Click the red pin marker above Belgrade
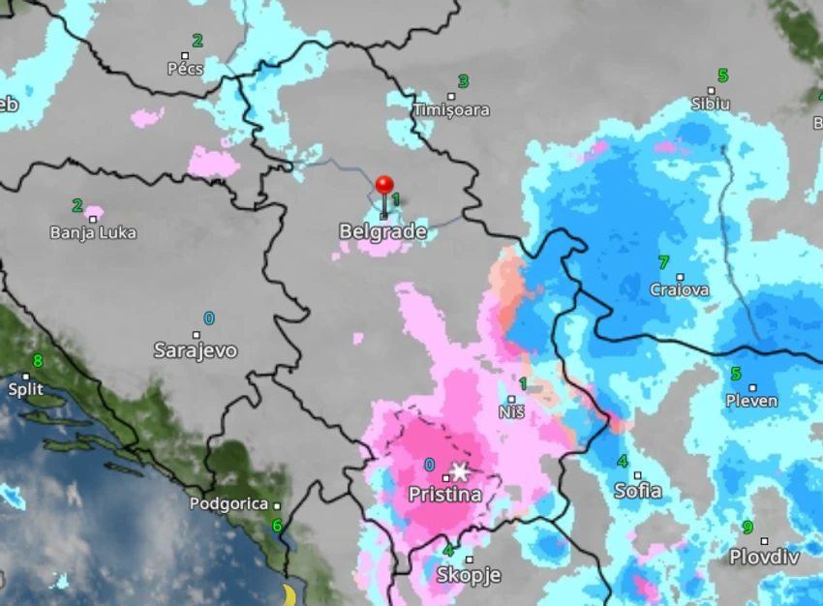pos(384,186)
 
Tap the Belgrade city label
pos(382,232)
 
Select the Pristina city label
pos(444,495)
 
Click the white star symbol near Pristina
pos(460,472)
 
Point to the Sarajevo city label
pos(195,350)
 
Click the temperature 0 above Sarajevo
pos(209,318)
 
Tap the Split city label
pos(25,389)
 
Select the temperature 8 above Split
pos(38,361)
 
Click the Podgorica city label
pos(228,503)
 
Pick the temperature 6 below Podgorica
pos(277,526)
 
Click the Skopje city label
pos(469,575)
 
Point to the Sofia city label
pos(638,491)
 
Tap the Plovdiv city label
pos(764,557)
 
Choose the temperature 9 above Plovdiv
pos(747,528)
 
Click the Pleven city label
pos(751,401)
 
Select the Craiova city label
pos(680,289)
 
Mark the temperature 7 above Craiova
pos(663,262)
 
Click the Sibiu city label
pos(711,104)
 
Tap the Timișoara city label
pos(451,110)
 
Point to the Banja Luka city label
pos(93,233)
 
